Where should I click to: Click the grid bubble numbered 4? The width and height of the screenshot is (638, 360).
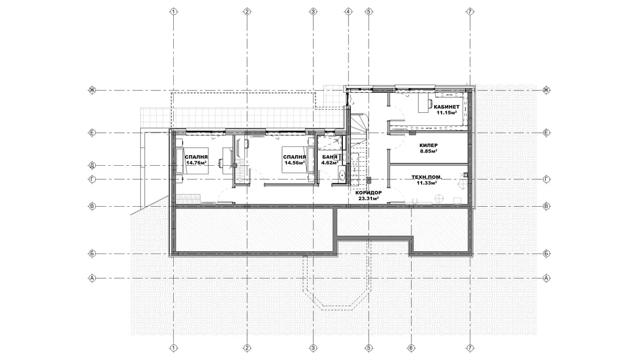(348, 11)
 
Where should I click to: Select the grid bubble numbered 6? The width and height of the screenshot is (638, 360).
(411, 348)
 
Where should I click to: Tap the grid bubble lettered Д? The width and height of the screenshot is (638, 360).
(92, 166)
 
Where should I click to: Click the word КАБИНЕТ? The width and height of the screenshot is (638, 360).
(447, 107)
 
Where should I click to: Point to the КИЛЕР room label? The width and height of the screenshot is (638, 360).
(428, 145)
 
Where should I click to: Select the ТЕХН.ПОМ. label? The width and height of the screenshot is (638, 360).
(427, 177)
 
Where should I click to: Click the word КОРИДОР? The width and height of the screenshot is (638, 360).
(369, 193)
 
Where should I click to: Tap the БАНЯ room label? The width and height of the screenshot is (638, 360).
(330, 157)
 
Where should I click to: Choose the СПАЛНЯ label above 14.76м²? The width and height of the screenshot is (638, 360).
(196, 157)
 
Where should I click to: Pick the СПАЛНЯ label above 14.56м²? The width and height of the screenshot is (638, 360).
(295, 157)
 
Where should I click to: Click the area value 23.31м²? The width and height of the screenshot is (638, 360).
(369, 199)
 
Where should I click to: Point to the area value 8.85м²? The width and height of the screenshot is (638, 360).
(428, 151)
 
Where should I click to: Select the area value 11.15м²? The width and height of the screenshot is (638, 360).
(447, 113)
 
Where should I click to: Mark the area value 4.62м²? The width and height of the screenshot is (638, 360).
(330, 163)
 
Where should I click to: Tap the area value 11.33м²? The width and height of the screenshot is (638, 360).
(427, 183)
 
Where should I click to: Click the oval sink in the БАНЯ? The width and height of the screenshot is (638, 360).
(342, 175)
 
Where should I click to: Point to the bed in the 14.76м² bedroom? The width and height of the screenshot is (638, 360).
(192, 161)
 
